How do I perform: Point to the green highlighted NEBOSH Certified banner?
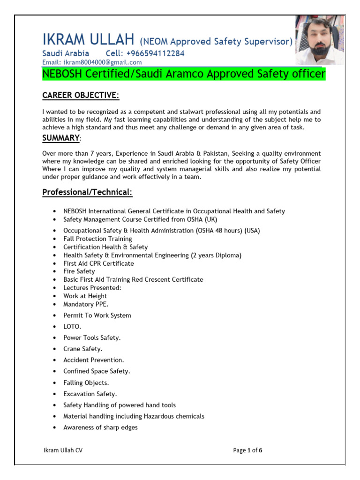click(184, 74)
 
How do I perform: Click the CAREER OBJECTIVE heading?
click(80, 96)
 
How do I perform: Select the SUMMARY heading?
click(61, 138)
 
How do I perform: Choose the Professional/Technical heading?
click(87, 193)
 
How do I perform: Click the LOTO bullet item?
click(72, 326)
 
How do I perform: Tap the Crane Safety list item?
click(83, 349)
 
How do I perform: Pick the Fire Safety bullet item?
click(79, 271)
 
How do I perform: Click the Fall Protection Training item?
click(97, 239)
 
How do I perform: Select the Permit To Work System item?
click(97, 315)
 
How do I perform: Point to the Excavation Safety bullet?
click(90, 394)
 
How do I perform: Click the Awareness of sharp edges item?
click(100, 427)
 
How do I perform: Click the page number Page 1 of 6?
click(247, 450)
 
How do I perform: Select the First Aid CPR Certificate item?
click(98, 263)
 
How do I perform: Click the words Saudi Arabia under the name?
click(66, 53)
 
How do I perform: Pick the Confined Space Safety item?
click(97, 371)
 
